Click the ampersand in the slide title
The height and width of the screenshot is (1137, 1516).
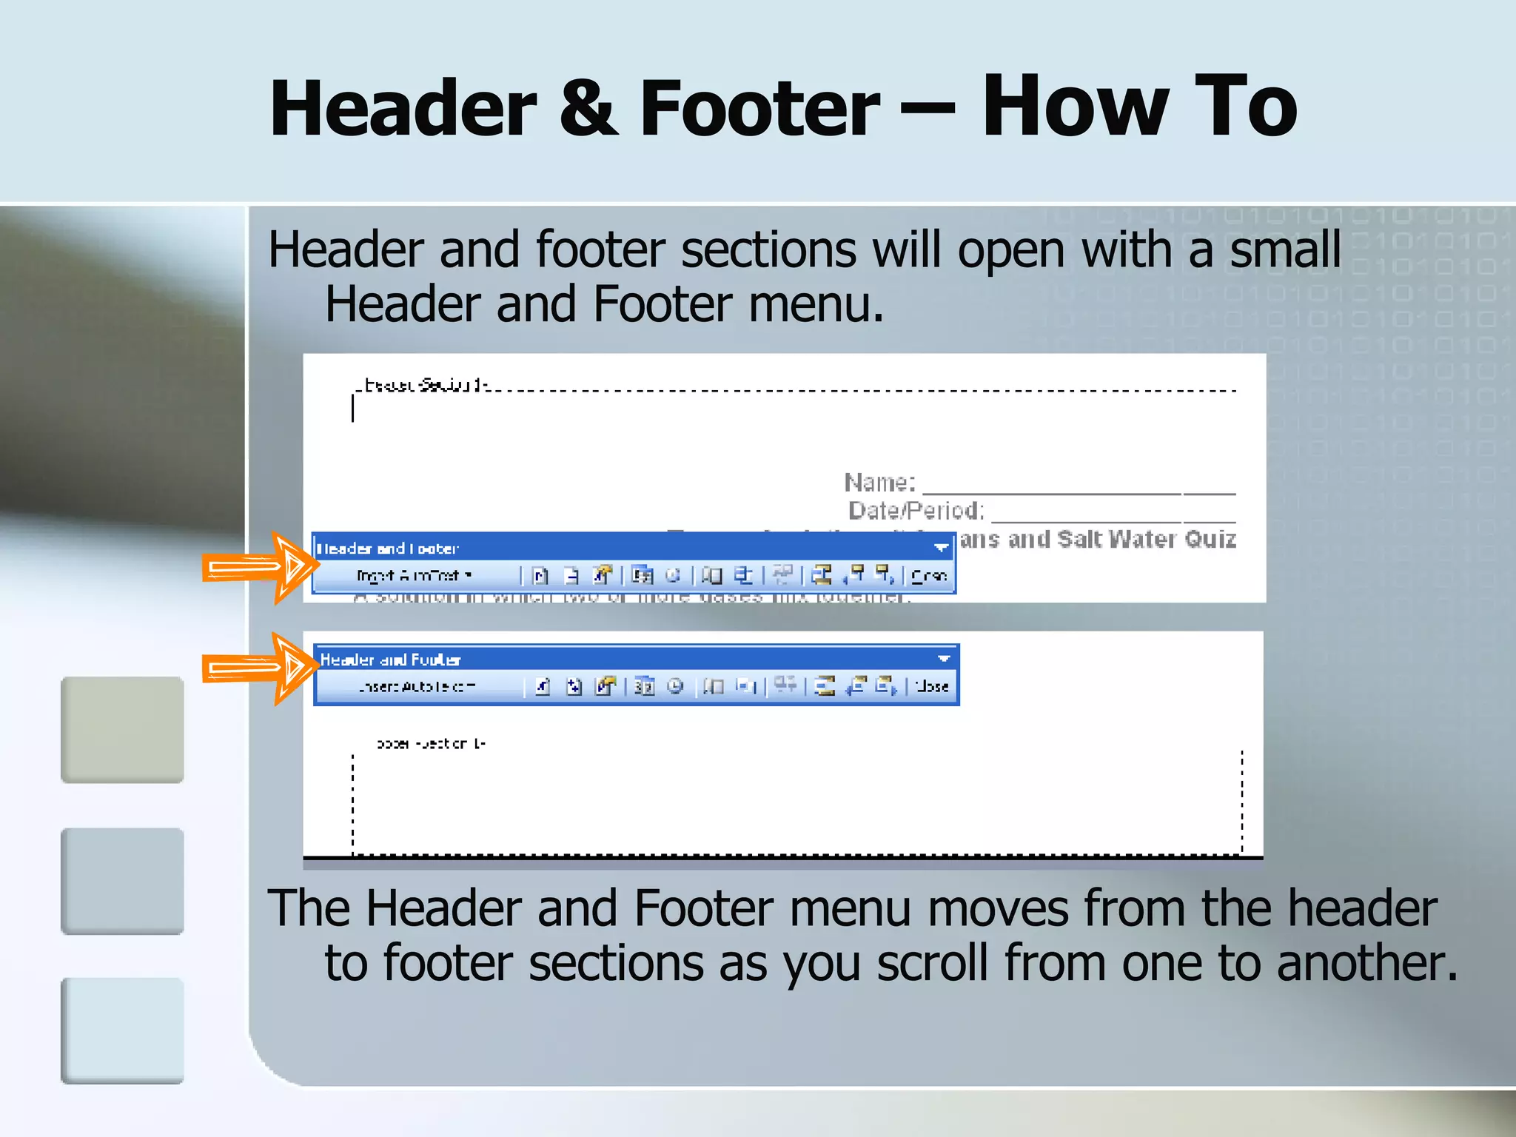pyautogui.click(x=588, y=110)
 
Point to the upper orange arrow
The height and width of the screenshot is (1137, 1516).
pyautogui.click(x=259, y=568)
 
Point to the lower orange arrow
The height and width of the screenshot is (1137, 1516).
pyautogui.click(x=259, y=669)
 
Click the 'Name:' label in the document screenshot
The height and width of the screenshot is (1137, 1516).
pyautogui.click(x=879, y=483)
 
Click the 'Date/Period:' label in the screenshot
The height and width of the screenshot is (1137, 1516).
pyautogui.click(x=916, y=511)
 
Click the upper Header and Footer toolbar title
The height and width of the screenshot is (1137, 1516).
pyautogui.click(x=387, y=549)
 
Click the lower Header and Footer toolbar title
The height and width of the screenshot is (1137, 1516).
pyautogui.click(x=390, y=660)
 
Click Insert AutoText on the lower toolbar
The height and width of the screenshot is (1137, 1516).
pyautogui.click(x=416, y=687)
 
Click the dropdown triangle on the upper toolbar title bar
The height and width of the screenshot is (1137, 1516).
pyautogui.click(x=940, y=548)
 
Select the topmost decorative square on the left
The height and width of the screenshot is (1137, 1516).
pyautogui.click(x=122, y=730)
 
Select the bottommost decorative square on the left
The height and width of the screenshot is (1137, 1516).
pyautogui.click(x=122, y=1030)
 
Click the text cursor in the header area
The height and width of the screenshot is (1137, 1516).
pyautogui.click(x=353, y=409)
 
